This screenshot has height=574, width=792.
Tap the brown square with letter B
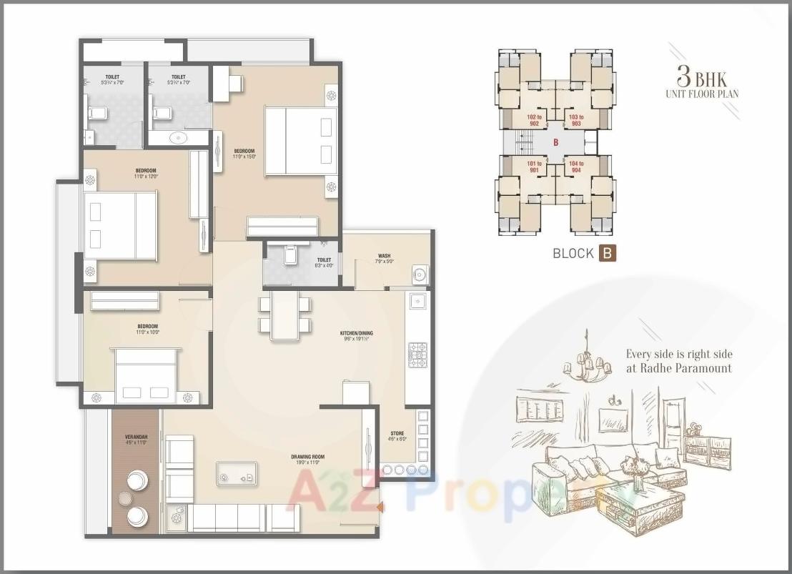607,252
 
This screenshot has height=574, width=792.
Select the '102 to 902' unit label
533,120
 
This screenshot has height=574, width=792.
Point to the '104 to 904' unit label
576,167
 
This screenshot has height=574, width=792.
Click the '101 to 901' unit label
533,167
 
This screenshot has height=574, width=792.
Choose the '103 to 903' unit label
576,120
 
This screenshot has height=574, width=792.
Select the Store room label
397,436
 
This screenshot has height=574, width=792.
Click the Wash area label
385,257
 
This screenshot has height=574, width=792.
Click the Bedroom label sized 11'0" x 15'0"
244,153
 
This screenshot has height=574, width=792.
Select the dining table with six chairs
285,314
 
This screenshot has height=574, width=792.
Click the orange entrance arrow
380,508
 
